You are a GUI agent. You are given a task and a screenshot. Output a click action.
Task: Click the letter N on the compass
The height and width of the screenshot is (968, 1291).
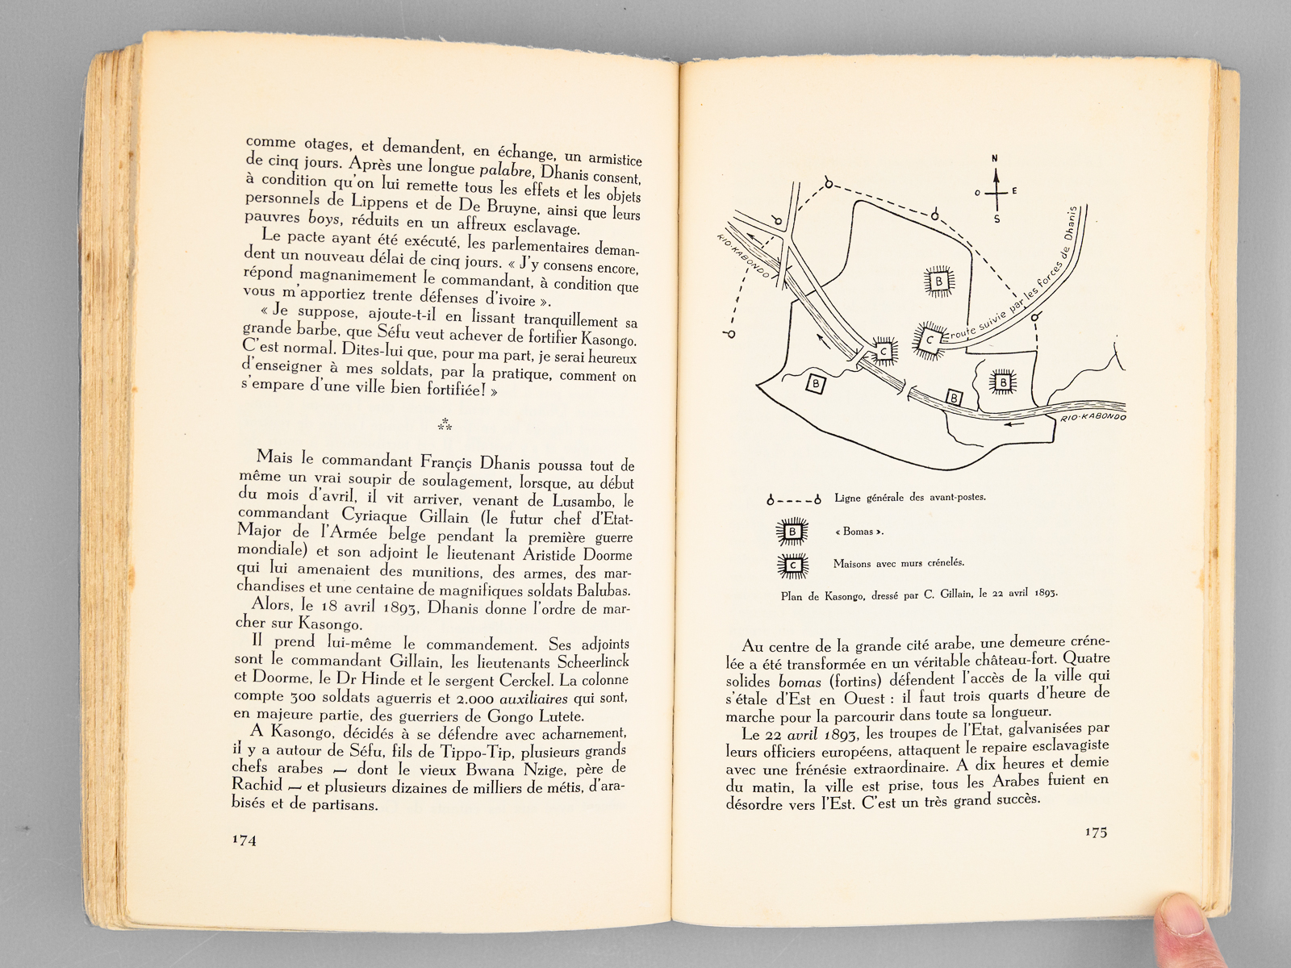996,158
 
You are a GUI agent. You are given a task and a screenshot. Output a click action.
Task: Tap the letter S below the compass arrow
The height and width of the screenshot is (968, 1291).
996,219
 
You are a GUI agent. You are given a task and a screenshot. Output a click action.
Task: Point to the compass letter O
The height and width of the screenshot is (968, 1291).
977,193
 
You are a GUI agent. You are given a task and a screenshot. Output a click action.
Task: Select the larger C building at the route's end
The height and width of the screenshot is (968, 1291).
930,340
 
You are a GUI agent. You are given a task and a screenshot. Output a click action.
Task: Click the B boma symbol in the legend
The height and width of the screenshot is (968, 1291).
792,532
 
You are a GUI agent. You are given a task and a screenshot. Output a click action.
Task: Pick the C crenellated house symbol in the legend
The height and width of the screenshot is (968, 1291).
792,565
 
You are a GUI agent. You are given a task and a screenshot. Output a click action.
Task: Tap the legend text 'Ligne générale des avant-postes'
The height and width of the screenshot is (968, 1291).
910,498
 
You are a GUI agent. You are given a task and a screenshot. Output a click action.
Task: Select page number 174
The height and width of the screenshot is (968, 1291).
244,840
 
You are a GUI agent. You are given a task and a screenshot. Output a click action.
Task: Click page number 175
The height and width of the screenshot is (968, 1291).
1096,832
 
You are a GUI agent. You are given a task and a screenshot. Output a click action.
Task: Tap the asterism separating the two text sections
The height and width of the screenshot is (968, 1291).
445,424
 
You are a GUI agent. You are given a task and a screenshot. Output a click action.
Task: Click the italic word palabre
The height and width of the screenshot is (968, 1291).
506,170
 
